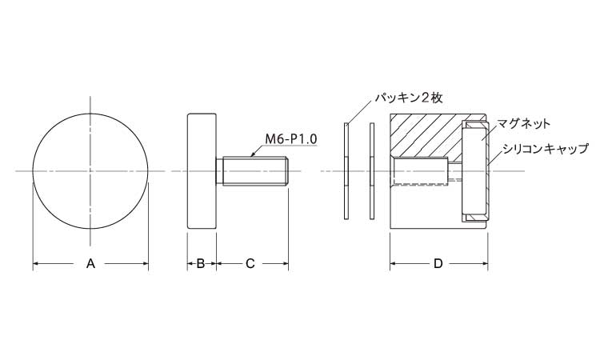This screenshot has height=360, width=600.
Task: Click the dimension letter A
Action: coord(90,263)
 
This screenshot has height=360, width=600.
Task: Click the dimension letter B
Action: coord(201,263)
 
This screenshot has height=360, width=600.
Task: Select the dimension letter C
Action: coord(250,263)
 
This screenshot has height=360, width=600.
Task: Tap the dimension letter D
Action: coord(438,263)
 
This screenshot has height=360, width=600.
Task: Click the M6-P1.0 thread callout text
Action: coord(291,138)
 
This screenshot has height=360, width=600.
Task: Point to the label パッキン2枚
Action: coord(408,98)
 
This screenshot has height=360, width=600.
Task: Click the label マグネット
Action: coord(523,123)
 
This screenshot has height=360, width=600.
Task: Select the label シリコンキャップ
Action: coord(545,149)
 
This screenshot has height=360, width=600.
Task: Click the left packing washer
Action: coord(346,171)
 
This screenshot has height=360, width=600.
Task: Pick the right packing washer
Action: coord(371,171)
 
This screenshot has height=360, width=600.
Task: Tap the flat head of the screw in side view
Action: coord(202,171)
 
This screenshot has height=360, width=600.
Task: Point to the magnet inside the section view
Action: coord(474,171)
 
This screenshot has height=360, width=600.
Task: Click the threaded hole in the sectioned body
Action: coord(420,172)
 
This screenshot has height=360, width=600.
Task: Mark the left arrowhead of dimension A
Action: coord(36,263)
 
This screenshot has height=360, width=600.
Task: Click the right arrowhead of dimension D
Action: coord(485,263)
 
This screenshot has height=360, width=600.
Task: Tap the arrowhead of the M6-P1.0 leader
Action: coord(251,155)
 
